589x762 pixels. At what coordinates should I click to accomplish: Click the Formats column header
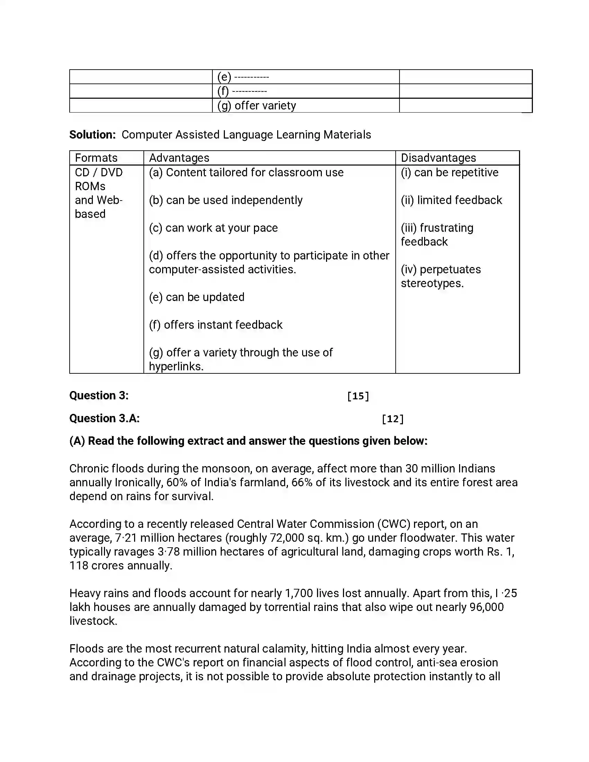tap(96, 158)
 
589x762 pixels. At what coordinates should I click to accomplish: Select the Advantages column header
tap(179, 158)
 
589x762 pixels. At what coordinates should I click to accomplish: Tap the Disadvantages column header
tap(438, 158)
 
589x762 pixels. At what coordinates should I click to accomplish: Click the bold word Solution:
tap(93, 135)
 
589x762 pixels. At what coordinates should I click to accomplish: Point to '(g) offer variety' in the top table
tap(256, 105)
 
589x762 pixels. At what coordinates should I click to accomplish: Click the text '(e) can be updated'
tap(196, 297)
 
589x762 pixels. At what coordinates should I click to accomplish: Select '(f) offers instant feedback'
tap(216, 325)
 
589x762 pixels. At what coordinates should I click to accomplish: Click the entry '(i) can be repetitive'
tap(449, 172)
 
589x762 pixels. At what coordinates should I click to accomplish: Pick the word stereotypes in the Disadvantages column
tap(432, 283)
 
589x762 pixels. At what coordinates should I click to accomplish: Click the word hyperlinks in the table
tap(176, 366)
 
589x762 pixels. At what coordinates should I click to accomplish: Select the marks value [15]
tap(358, 396)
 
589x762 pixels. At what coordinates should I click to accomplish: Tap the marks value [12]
tap(393, 419)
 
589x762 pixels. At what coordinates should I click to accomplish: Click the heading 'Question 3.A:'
tap(104, 418)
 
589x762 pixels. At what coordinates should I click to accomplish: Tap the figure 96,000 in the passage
tap(486, 607)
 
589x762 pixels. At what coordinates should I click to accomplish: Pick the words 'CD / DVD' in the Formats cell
tap(99, 172)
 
